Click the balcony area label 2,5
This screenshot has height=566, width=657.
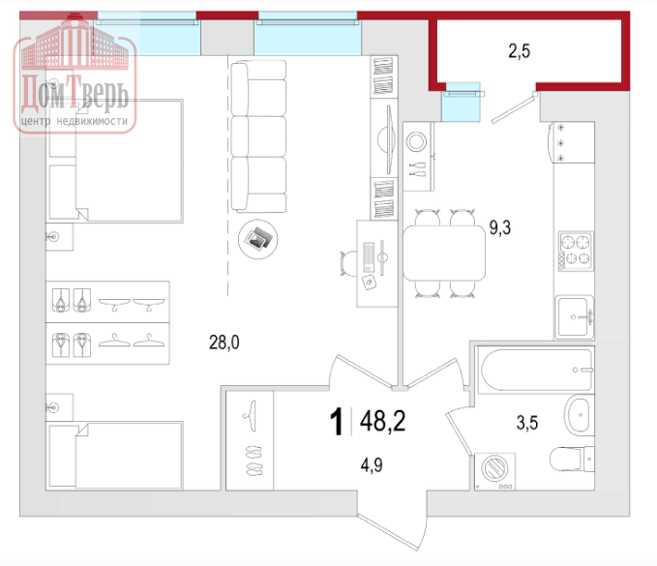[520, 51]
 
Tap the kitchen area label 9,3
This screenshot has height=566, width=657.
[500, 228]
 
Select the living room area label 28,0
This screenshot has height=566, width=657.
[224, 343]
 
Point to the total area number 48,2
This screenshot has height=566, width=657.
[382, 421]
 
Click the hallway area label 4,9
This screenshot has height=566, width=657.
[372, 465]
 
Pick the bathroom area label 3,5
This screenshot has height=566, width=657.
[527, 422]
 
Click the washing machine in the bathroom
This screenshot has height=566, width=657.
[494, 471]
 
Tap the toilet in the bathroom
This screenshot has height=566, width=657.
[572, 459]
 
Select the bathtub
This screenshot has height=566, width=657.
[536, 370]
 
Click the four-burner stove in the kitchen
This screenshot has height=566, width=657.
[576, 251]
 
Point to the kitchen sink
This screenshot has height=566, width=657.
[575, 317]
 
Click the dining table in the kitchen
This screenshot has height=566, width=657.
[444, 253]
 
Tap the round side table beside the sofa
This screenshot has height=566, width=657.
[257, 239]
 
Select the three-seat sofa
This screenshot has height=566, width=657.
[258, 135]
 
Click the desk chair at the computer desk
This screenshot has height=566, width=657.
[348, 264]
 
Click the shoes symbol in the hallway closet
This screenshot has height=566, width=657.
[254, 461]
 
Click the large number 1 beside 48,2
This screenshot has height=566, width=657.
[336, 422]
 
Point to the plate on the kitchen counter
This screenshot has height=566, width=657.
[416, 141]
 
